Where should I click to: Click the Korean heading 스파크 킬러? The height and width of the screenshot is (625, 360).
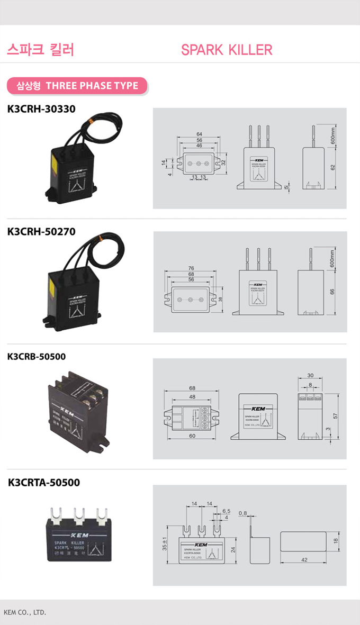pyautogui.click(x=40, y=50)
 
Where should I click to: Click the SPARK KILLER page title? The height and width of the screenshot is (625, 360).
pyautogui.click(x=227, y=50)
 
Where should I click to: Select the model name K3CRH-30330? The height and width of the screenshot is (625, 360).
pyautogui.click(x=41, y=109)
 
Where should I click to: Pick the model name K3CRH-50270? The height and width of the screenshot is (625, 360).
pyautogui.click(x=41, y=231)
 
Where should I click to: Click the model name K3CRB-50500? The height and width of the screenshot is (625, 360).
pyautogui.click(x=37, y=356)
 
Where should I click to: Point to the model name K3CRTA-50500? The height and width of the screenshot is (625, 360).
pyautogui.click(x=44, y=482)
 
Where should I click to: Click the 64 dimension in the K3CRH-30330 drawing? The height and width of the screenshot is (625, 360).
pyautogui.click(x=199, y=134)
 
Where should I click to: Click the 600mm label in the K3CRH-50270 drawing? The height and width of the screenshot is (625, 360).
pyautogui.click(x=332, y=259)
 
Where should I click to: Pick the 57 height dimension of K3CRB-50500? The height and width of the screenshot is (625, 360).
pyautogui.click(x=335, y=416)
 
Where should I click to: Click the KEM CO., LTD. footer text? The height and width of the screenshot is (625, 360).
pyautogui.click(x=25, y=612)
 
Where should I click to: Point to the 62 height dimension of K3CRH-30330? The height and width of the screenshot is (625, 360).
pyautogui.click(x=332, y=167)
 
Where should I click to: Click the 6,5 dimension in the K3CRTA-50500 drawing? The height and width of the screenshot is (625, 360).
pyautogui.click(x=226, y=511)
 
